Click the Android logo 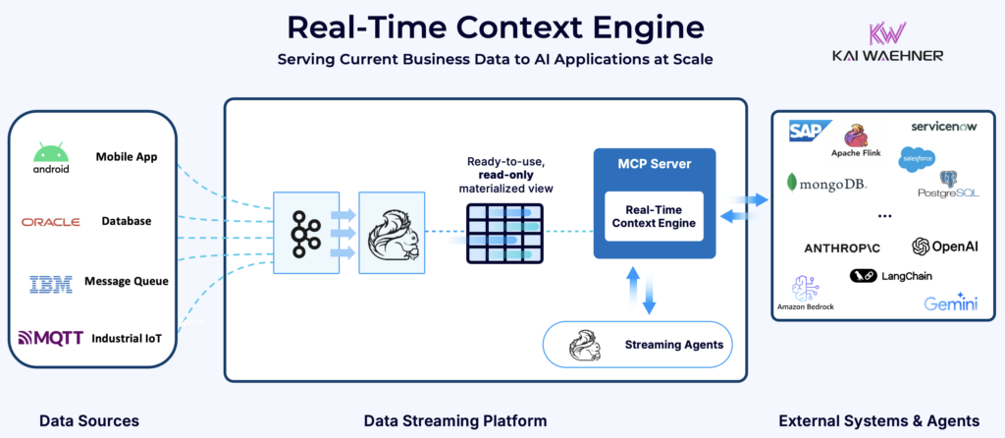tap(51, 157)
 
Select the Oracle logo tap(50, 222)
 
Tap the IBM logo tap(50, 284)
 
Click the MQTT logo tap(51, 339)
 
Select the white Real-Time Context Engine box tap(654, 216)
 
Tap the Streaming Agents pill tap(637, 345)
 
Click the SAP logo tap(810, 131)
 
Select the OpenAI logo tap(944, 246)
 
